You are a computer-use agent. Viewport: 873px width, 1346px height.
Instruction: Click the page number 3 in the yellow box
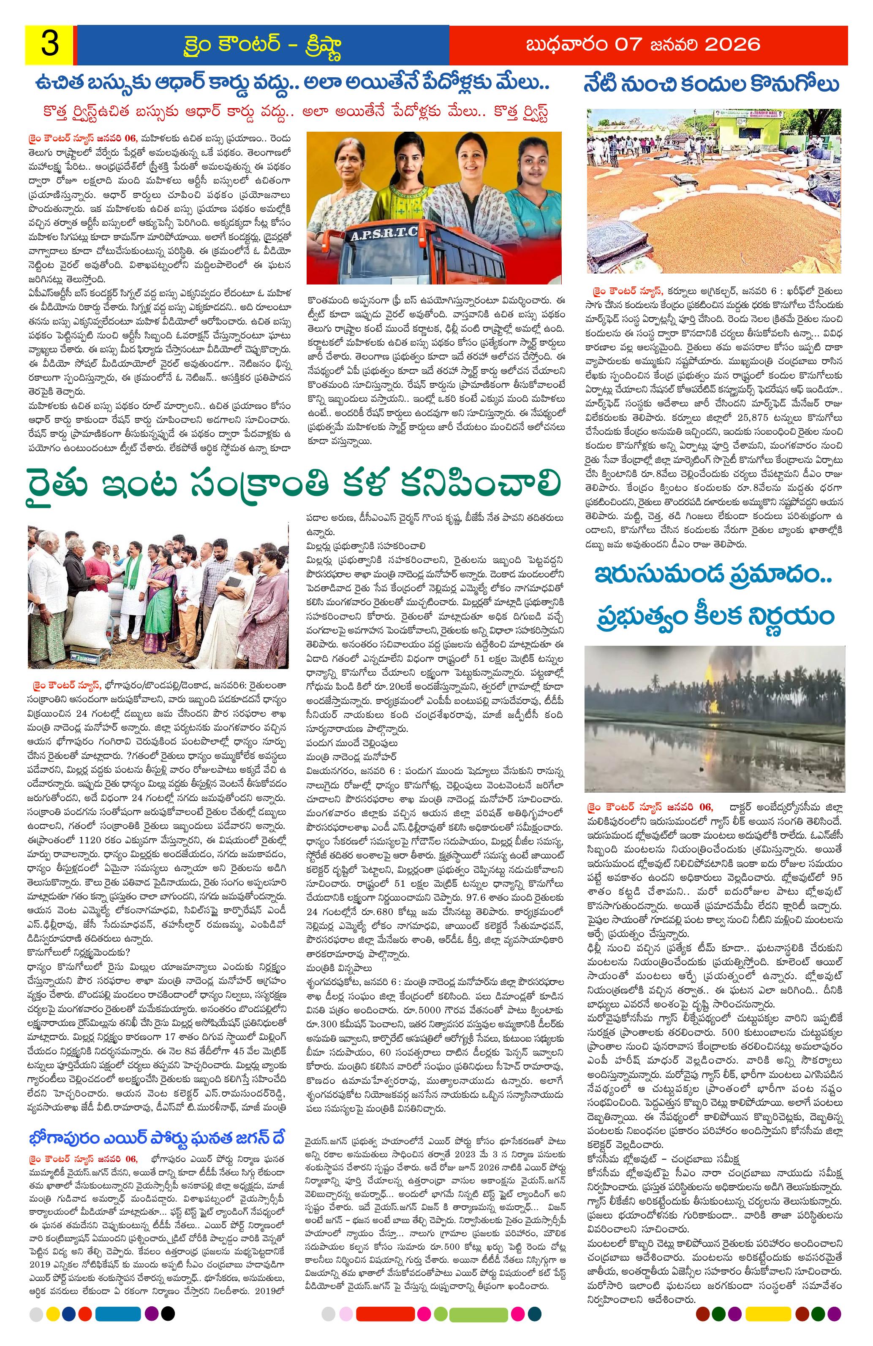[49, 45]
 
